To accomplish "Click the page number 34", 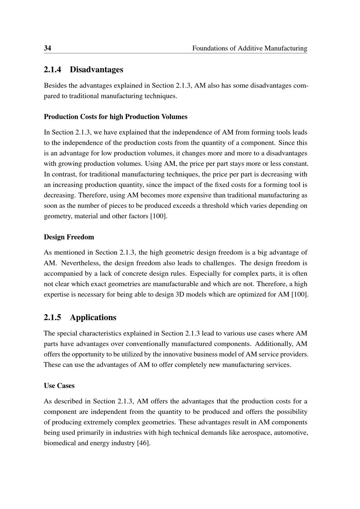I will click(x=48, y=48).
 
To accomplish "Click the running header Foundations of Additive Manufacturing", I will click(x=249, y=48).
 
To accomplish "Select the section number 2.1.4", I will click(x=53, y=69).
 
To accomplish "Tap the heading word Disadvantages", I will click(x=96, y=69).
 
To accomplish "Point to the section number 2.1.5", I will click(x=53, y=317).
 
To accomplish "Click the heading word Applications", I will click(x=93, y=317).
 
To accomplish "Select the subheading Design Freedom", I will click(x=69, y=237).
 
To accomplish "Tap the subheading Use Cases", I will click(x=59, y=386).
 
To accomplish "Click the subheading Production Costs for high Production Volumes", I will click(x=116, y=117).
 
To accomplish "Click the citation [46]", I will click(x=143, y=443).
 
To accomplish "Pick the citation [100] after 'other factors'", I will click(x=158, y=216).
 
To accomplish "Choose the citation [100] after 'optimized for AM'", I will click(x=300, y=294).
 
